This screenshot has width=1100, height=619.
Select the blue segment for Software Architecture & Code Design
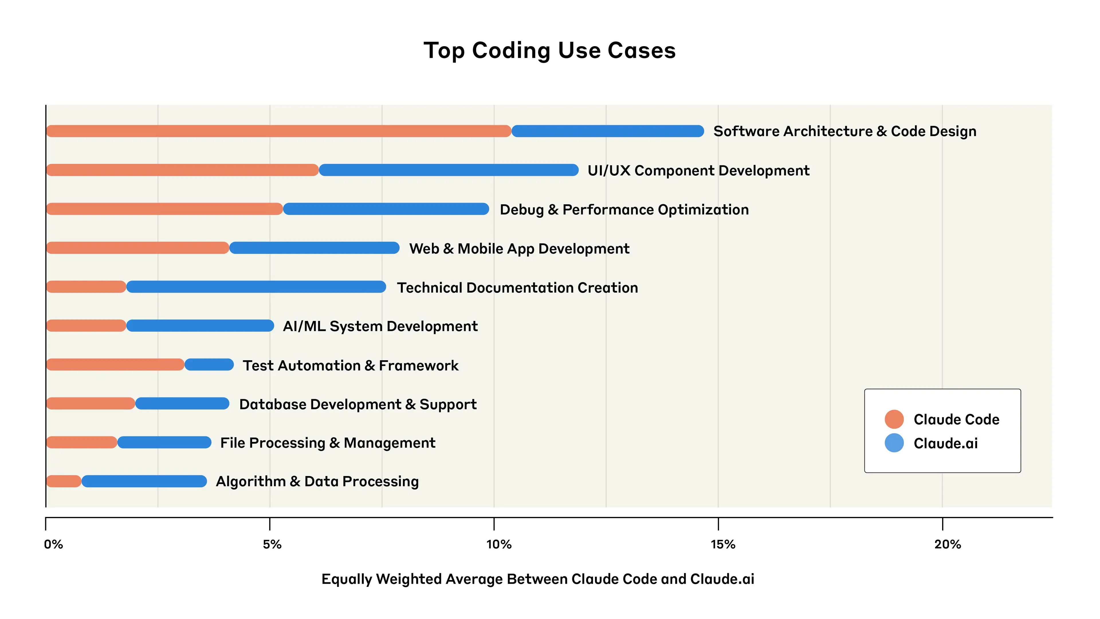[x=607, y=131]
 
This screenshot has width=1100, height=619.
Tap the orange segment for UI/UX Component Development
[x=182, y=170]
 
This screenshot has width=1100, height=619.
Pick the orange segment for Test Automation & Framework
[x=115, y=365]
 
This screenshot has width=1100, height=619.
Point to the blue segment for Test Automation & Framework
[x=209, y=365]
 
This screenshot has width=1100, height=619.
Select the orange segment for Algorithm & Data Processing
[x=64, y=481]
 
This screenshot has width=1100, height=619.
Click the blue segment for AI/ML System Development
[x=200, y=326]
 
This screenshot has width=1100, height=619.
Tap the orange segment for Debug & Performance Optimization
[x=164, y=209]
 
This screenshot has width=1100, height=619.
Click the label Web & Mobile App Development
[x=519, y=249]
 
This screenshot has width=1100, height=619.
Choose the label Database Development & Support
[x=358, y=404]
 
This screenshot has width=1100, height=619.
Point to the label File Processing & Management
[x=327, y=443]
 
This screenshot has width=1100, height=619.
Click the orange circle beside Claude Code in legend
[x=894, y=419]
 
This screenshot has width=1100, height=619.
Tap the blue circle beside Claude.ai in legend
[x=894, y=443]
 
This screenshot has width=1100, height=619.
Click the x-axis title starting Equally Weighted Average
[x=538, y=579]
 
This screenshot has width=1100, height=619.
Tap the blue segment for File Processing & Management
[x=164, y=442]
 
